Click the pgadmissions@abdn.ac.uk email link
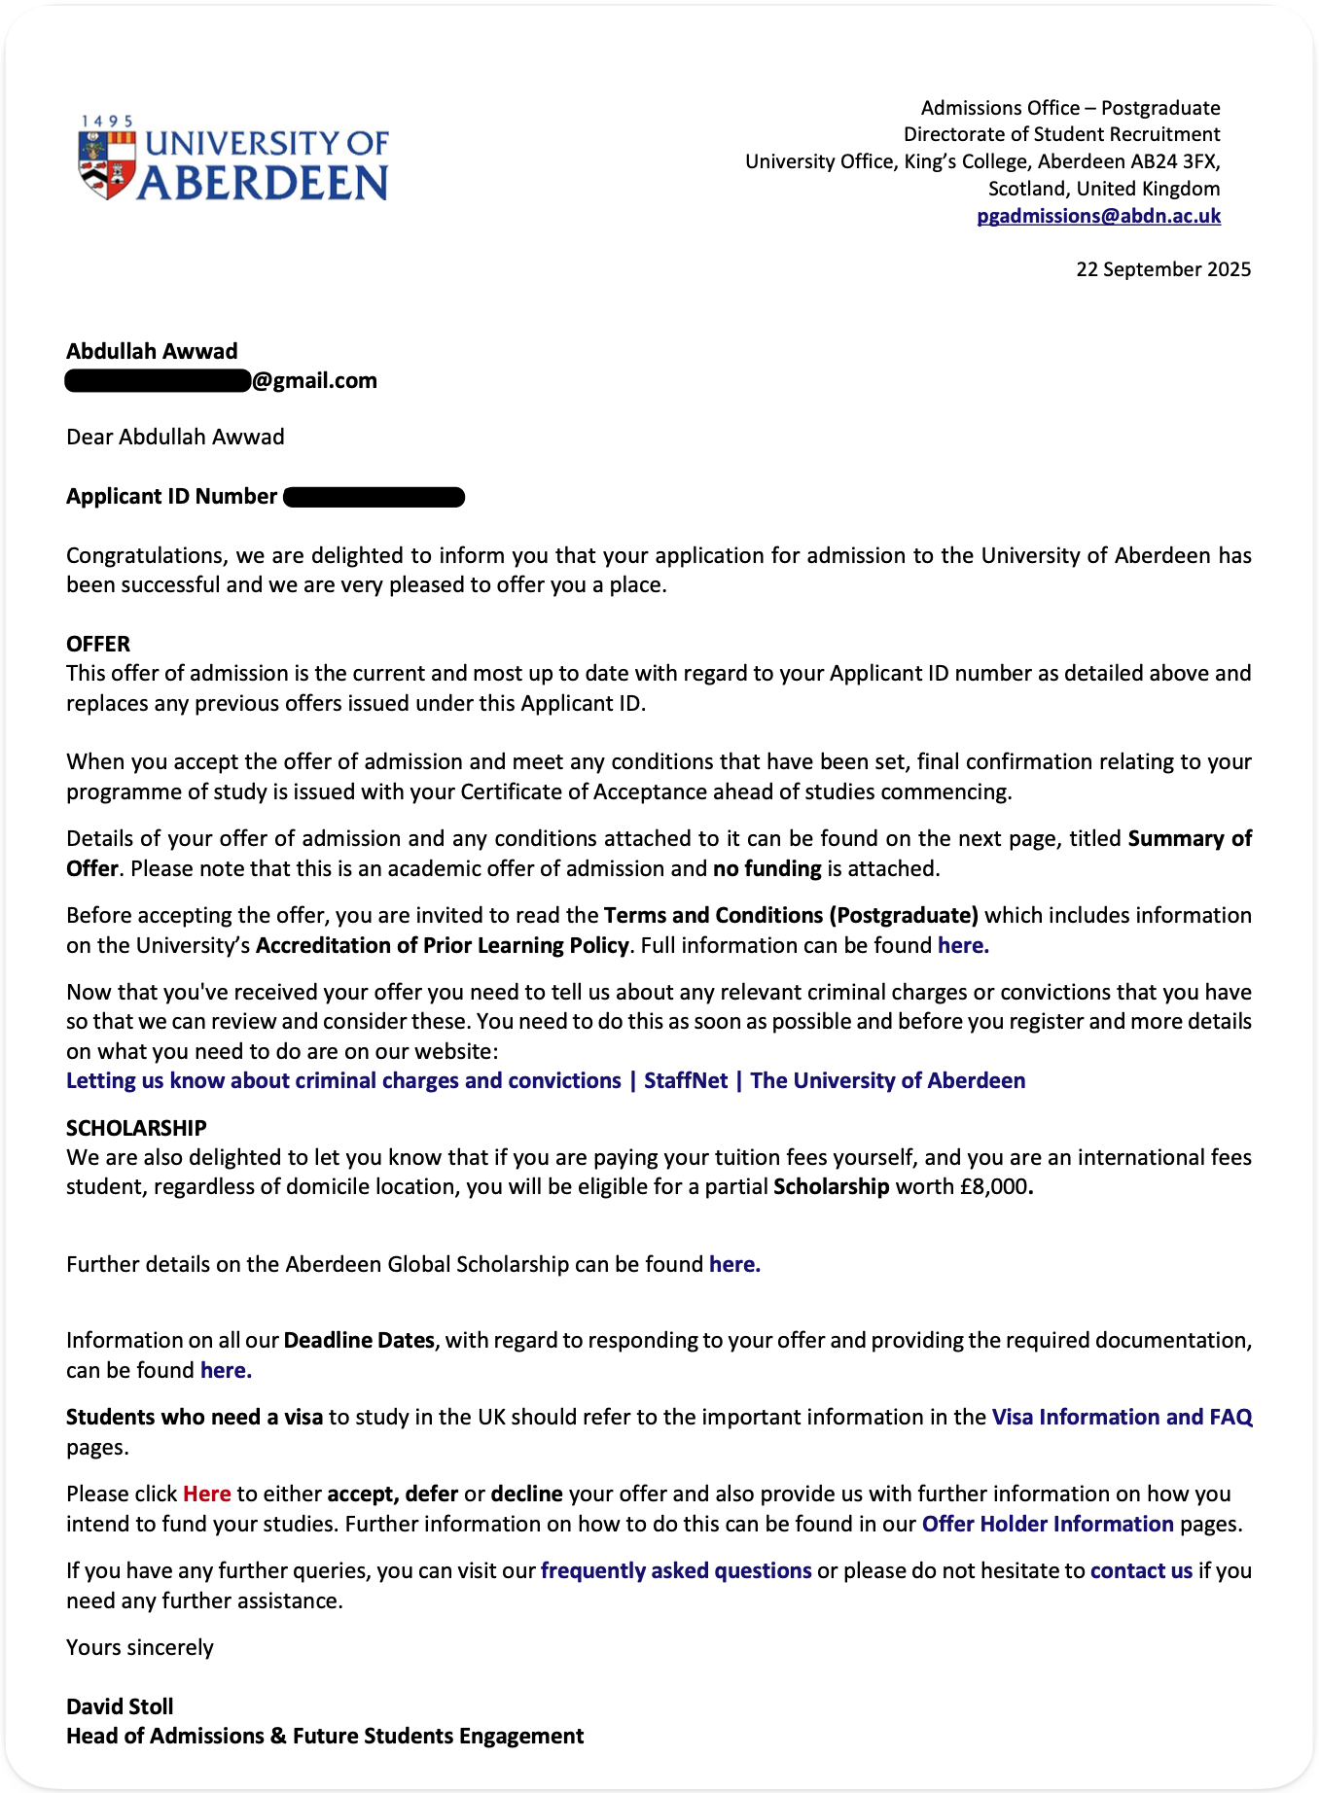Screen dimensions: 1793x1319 click(x=1098, y=216)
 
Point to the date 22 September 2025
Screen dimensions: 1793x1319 click(x=1162, y=269)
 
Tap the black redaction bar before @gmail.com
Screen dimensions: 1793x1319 click(x=158, y=381)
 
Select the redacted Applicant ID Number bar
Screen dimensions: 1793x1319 click(x=374, y=498)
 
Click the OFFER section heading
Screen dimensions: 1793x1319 click(x=98, y=644)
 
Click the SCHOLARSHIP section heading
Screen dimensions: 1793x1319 click(x=136, y=1128)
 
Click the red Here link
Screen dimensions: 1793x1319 click(x=206, y=1494)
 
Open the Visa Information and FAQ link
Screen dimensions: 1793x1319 click(x=1122, y=1417)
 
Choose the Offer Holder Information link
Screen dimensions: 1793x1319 click(x=1048, y=1524)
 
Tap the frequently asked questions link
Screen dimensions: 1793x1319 click(x=676, y=1570)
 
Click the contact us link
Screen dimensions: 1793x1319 click(x=1141, y=1570)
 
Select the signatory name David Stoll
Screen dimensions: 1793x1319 click(x=120, y=1706)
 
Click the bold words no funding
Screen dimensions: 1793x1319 click(x=766, y=868)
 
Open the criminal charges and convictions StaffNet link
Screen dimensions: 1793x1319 click(x=545, y=1080)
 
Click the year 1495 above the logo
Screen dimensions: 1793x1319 click(x=107, y=122)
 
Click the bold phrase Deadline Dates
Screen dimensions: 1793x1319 click(x=359, y=1340)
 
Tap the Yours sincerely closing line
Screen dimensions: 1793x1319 click(x=140, y=1647)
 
